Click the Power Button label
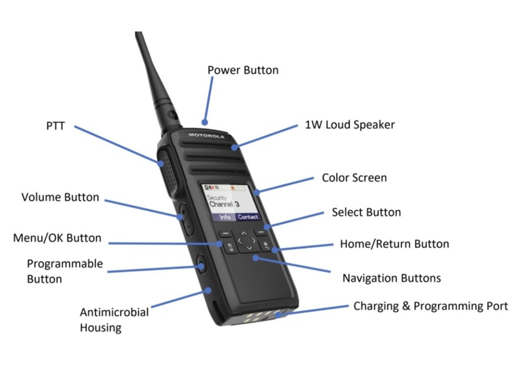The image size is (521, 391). click(x=243, y=70)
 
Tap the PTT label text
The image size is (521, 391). click(x=55, y=126)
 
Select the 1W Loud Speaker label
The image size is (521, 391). click(x=350, y=125)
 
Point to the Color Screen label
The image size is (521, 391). click(x=354, y=178)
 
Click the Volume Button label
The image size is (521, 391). click(x=60, y=197)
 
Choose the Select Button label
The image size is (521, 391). click(x=366, y=212)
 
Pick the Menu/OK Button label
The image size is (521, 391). click(x=57, y=238)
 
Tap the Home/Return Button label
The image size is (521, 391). click(x=394, y=244)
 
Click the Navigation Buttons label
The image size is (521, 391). click(x=391, y=278)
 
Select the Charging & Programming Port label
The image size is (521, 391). click(x=430, y=306)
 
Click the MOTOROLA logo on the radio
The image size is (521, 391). click(x=206, y=135)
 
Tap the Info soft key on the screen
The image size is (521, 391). click(x=225, y=217)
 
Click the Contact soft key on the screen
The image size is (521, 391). click(x=248, y=217)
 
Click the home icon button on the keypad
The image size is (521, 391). click(x=266, y=246)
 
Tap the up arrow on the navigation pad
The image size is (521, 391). click(x=244, y=233)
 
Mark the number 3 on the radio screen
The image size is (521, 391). click(x=237, y=204)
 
